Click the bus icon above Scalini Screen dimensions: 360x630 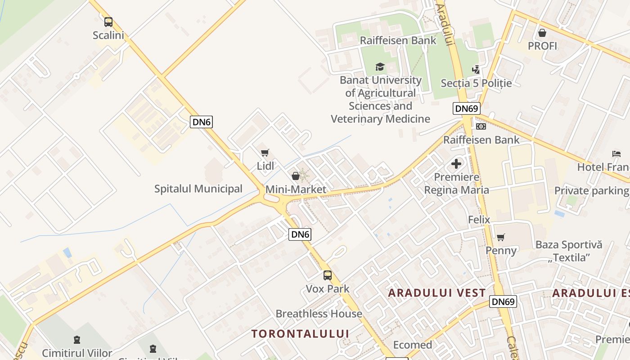(108, 22)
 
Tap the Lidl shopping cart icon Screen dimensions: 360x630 (265, 153)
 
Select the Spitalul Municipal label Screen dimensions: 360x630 (198, 189)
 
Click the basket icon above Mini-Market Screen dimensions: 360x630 (296, 176)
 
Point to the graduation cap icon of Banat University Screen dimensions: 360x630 (380, 67)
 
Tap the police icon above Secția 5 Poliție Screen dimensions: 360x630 (476, 70)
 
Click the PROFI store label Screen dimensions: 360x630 (542, 46)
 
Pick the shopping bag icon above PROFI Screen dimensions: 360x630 (542, 33)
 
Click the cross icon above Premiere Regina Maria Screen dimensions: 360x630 (456, 164)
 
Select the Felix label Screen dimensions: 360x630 (479, 220)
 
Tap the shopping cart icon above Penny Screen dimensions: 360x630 (501, 237)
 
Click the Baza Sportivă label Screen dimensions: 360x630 (568, 245)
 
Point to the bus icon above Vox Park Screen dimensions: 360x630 (328, 275)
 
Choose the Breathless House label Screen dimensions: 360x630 (319, 314)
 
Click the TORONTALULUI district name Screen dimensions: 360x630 (300, 333)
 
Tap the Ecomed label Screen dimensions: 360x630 (413, 345)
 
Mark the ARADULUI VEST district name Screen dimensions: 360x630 (437, 293)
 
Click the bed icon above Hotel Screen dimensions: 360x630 (616, 154)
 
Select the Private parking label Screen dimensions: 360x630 (591, 191)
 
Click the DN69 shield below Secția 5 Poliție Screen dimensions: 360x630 (467, 108)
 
